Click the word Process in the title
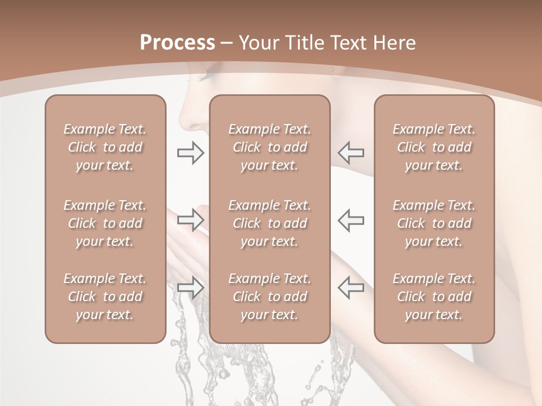(177, 43)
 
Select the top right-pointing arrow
(190, 153)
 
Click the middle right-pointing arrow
(190, 220)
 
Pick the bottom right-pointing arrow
(190, 287)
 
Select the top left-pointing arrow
(351, 153)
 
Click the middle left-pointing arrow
(351, 220)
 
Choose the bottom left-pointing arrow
(351, 287)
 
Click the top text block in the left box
(105, 147)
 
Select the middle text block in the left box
(105, 223)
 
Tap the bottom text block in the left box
(105, 297)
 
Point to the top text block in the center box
(269, 147)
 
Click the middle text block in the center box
(269, 223)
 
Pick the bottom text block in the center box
(269, 297)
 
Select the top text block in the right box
(434, 147)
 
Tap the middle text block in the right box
(434, 223)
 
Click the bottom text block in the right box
(434, 297)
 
